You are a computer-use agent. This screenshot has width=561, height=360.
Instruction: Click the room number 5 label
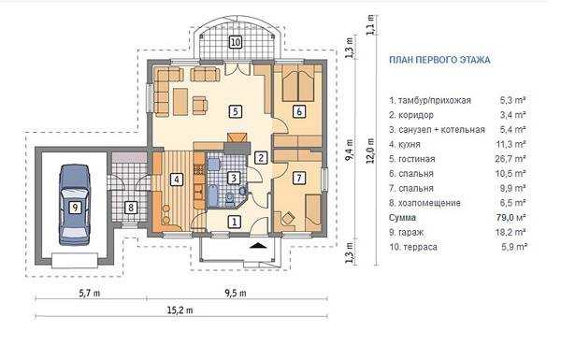click(235, 111)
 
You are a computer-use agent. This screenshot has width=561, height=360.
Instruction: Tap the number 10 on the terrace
click(235, 42)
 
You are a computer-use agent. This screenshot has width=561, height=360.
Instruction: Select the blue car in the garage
click(75, 205)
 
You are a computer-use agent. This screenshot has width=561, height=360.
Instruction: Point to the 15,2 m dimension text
click(180, 310)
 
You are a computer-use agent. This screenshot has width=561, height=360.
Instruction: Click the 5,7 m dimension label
click(90, 293)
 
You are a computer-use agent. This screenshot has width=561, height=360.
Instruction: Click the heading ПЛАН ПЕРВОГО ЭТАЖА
click(439, 60)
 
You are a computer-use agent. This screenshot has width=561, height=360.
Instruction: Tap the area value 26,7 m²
click(511, 159)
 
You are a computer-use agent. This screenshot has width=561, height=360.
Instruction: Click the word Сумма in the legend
click(402, 218)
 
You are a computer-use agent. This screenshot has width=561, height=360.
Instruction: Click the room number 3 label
click(233, 178)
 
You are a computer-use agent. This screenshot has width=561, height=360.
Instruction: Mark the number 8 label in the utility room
click(131, 208)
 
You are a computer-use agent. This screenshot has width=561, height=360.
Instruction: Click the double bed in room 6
click(298, 85)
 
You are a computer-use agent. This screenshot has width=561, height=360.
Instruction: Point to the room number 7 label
click(299, 178)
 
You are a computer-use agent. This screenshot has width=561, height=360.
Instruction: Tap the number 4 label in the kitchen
click(177, 180)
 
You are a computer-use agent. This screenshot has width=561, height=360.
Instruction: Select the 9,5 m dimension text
click(236, 293)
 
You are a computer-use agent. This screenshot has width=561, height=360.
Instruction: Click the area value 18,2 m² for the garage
click(511, 232)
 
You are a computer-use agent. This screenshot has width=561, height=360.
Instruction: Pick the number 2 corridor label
click(261, 157)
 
